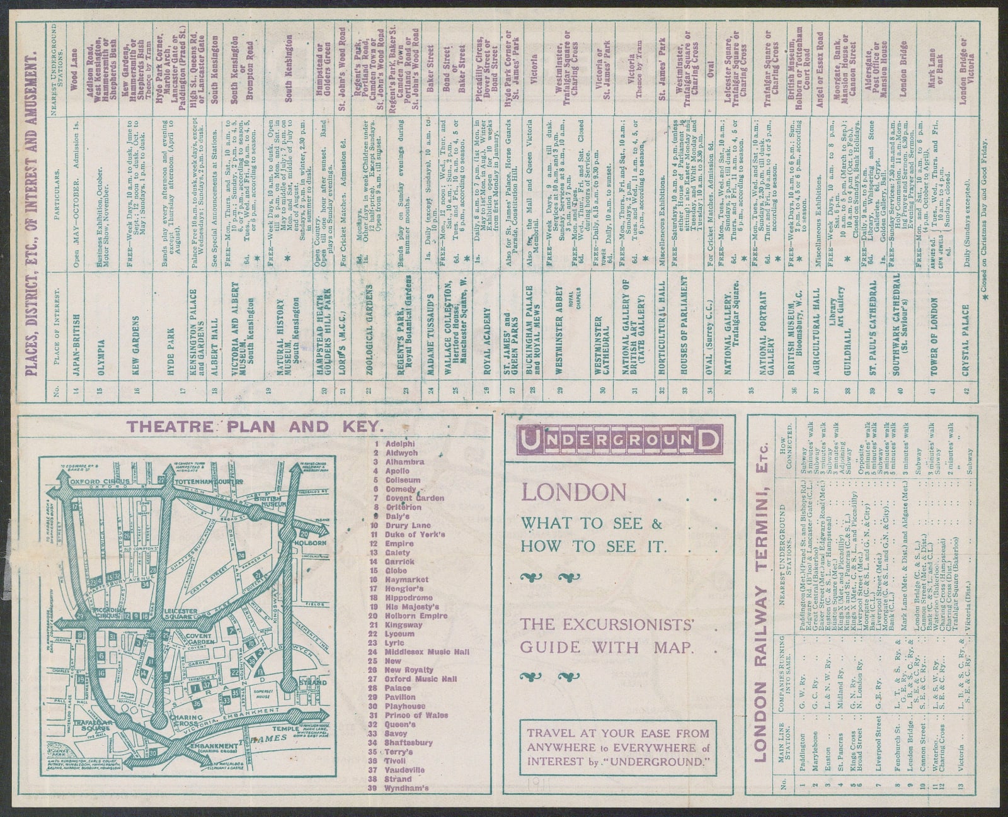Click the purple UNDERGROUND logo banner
click(x=619, y=439)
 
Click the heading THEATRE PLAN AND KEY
click(x=228, y=425)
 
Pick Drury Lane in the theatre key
click(x=407, y=525)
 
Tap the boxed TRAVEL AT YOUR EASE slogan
click(x=618, y=747)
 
